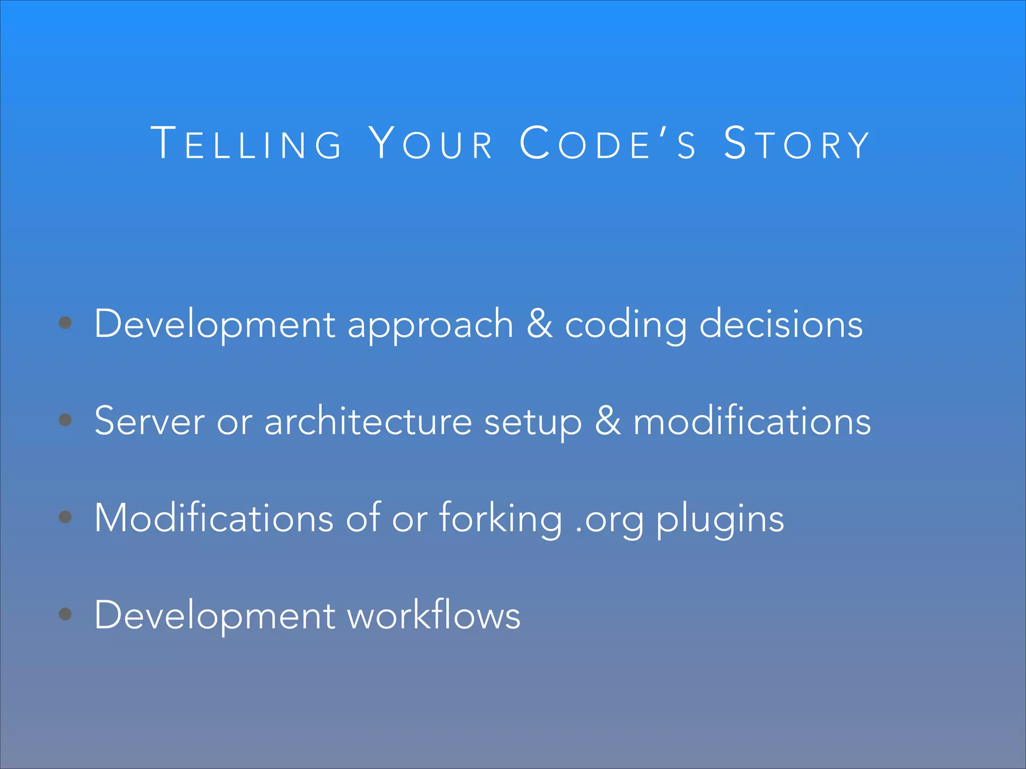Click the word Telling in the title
246,144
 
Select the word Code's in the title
608,144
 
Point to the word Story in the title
797,144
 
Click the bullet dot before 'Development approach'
65,323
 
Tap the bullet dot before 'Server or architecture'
65,420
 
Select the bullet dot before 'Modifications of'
65,517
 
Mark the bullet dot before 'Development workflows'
65,614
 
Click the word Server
149,422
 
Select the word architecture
368,422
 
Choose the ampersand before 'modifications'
608,421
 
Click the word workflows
434,615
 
